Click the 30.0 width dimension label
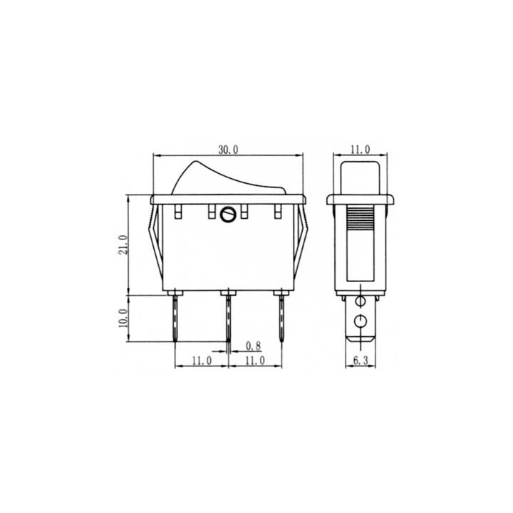click(229, 150)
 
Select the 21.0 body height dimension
click(123, 244)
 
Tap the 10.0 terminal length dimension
click(123, 318)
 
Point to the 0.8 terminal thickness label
click(253, 346)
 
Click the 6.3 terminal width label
click(361, 361)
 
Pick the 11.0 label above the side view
click(361, 150)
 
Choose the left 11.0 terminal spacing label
click(202, 361)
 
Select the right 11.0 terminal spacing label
click(255, 361)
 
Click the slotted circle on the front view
click(227, 214)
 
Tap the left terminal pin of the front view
click(175, 318)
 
